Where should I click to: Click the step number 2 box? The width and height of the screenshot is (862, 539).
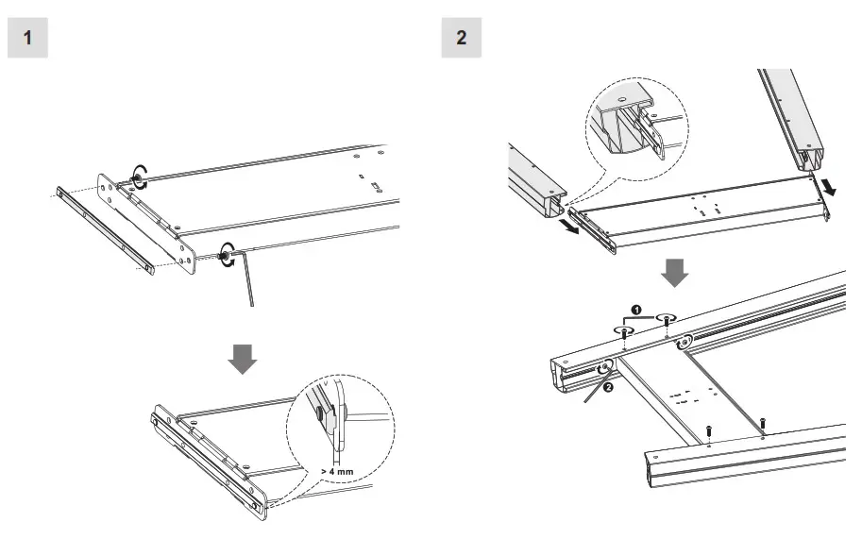click(x=461, y=38)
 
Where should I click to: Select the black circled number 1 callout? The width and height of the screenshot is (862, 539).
click(x=636, y=310)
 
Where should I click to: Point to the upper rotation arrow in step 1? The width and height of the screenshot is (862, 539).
click(x=139, y=178)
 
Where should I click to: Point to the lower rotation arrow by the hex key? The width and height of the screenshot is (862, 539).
click(x=226, y=254)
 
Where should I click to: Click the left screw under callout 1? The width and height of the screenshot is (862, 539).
click(x=625, y=332)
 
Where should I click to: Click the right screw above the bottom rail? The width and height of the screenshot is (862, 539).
click(x=763, y=420)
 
